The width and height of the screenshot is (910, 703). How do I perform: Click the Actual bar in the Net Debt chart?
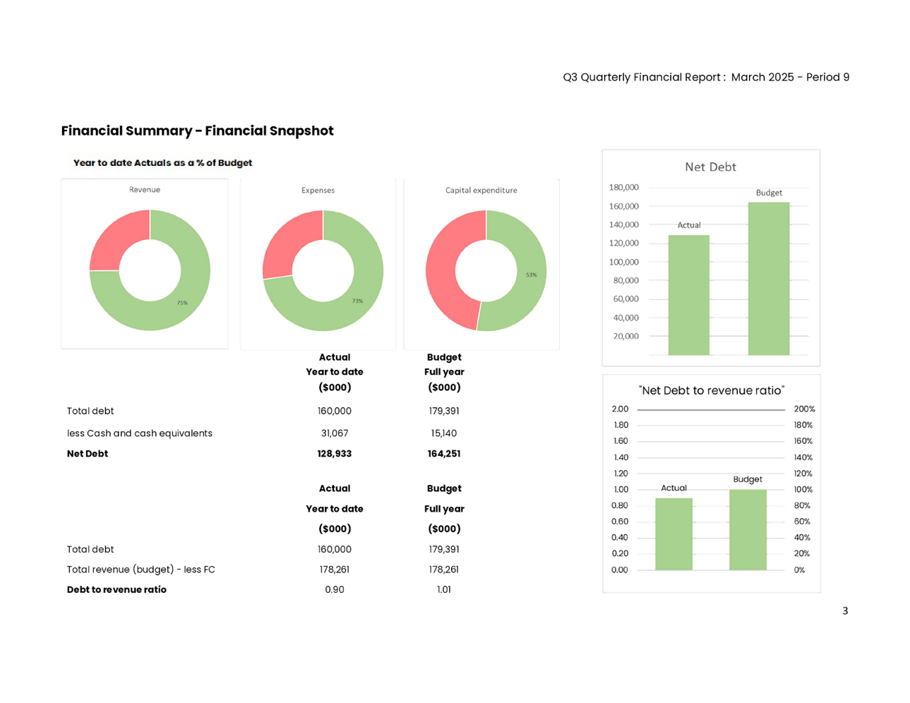click(x=688, y=294)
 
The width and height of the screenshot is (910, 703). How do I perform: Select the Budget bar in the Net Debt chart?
click(x=769, y=278)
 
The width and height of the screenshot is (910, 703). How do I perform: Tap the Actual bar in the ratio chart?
click(x=674, y=534)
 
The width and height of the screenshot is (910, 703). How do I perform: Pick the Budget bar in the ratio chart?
click(x=748, y=529)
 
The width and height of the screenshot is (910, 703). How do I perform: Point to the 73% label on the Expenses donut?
click(x=357, y=301)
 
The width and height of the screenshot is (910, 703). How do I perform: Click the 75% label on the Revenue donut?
click(x=182, y=303)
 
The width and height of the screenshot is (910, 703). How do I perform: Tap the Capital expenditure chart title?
click(x=481, y=191)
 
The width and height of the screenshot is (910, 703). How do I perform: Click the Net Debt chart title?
click(x=710, y=167)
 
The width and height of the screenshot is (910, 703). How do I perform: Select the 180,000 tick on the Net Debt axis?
click(x=625, y=187)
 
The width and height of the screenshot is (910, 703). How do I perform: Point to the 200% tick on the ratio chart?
click(x=804, y=409)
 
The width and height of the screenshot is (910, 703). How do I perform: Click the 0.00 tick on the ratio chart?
click(x=620, y=570)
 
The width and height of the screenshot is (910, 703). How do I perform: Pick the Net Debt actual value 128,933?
click(x=335, y=454)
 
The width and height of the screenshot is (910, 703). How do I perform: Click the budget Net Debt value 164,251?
click(x=444, y=454)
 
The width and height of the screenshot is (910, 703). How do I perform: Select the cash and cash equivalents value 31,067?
click(x=335, y=433)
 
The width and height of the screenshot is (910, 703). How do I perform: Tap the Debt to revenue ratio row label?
click(x=116, y=589)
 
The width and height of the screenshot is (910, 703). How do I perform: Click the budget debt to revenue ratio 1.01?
click(x=444, y=589)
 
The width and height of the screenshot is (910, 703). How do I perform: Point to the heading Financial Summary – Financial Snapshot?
click(x=197, y=131)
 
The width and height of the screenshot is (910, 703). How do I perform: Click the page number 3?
click(x=845, y=611)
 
